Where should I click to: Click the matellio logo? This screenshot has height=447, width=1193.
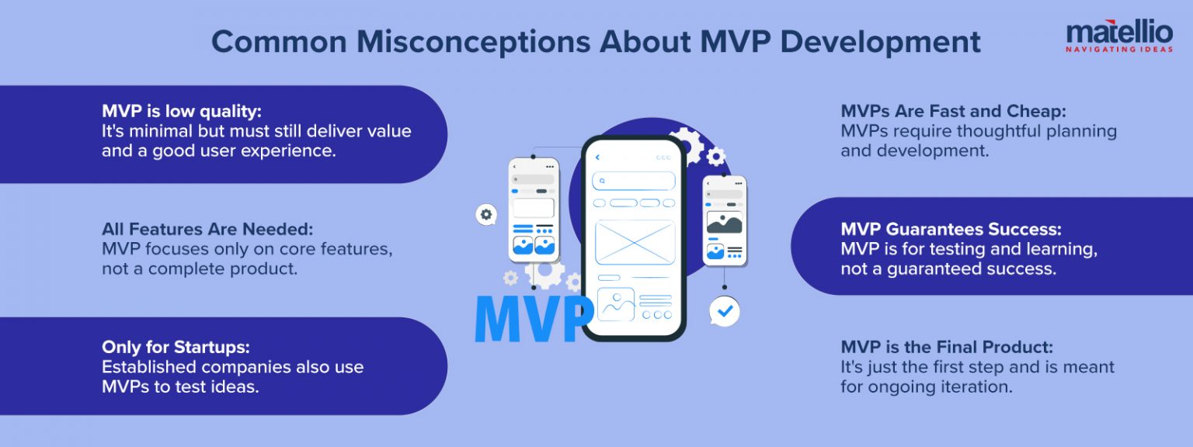[1118, 33]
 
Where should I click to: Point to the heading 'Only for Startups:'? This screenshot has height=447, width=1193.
[176, 347]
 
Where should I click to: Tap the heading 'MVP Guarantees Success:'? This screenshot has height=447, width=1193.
[951, 229]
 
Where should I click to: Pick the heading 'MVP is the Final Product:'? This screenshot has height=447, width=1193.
[947, 347]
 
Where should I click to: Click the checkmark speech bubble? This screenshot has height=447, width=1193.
[725, 311]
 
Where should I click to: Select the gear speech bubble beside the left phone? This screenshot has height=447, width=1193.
[486, 215]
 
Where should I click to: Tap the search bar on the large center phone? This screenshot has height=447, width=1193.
[633, 181]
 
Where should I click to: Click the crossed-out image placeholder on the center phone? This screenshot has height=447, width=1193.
[635, 242]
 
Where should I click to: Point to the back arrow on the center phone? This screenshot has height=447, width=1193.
[597, 158]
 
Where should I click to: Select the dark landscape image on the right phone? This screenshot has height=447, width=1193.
[724, 223]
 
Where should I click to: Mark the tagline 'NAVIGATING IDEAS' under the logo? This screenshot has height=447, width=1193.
[1118, 48]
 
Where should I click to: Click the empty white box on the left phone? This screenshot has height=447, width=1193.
[534, 208]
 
